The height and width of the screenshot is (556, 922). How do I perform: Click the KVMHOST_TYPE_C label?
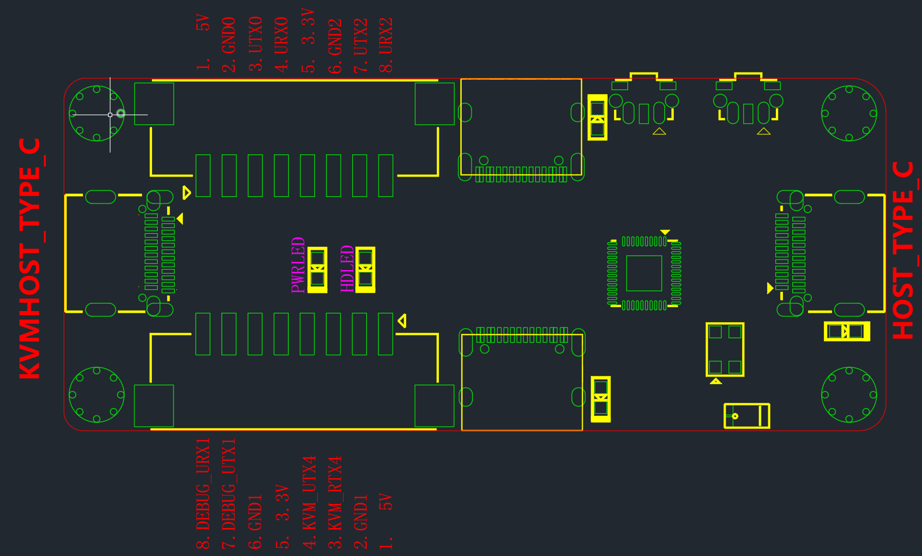[x=32, y=258]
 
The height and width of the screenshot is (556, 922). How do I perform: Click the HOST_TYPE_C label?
[x=905, y=250]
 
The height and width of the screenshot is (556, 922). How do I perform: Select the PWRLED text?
[x=297, y=265]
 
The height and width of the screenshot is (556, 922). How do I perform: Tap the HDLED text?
[x=347, y=268]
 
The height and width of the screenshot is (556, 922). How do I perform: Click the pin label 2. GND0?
[x=229, y=44]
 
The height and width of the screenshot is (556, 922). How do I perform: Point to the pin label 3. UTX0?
[x=255, y=44]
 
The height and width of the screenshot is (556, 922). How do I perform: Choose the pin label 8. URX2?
[x=386, y=45]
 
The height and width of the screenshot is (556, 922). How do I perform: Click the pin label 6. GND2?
[x=335, y=46]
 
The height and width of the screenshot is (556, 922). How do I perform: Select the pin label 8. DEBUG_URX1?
[x=203, y=493]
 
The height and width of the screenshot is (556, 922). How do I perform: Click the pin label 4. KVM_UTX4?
[x=309, y=502]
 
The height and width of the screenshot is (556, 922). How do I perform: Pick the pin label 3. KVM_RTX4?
[x=335, y=502]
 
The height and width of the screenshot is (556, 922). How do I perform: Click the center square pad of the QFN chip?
[x=644, y=274]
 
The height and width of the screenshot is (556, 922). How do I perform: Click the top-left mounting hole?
[x=97, y=113]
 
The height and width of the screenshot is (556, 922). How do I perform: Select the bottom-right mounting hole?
[x=849, y=395]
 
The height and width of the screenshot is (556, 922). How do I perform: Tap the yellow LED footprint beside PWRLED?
[x=317, y=270]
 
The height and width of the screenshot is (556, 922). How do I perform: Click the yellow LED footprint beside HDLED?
[x=365, y=270]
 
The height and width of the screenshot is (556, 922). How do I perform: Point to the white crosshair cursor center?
[x=110, y=115]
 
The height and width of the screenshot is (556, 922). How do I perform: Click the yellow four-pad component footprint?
[x=725, y=349]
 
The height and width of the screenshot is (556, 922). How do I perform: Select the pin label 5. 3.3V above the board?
[x=309, y=40]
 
